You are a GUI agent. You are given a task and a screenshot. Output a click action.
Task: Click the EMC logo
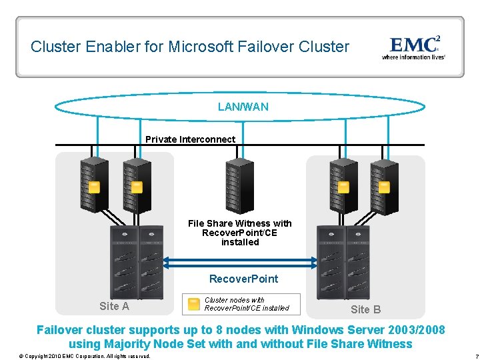[413, 47]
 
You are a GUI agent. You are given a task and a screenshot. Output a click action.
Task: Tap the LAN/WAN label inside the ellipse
[243, 107]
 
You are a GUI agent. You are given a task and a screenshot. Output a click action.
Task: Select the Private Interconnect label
[190, 139]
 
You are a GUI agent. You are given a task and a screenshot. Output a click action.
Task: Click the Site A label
[114, 306]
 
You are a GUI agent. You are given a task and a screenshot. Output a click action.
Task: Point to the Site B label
[365, 309]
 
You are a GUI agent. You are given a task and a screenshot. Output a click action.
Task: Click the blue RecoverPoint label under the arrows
[244, 279]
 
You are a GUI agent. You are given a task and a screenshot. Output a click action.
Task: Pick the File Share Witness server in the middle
[240, 186]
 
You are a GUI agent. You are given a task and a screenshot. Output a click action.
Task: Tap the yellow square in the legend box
[193, 304]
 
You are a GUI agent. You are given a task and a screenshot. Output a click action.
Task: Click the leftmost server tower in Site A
[94, 185]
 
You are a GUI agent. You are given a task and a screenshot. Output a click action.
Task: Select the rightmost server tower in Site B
[385, 187]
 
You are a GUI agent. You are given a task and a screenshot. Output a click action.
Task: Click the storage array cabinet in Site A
[137, 263]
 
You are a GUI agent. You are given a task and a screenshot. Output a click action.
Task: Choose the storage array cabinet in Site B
[343, 263]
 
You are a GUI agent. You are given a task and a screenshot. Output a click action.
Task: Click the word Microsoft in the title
[201, 47]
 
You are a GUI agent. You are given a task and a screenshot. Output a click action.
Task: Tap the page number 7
[477, 356]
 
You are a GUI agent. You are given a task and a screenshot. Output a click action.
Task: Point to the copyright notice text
[85, 356]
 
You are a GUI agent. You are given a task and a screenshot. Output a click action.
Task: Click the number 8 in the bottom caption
[218, 330]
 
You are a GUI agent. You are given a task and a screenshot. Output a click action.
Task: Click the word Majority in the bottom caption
[127, 344]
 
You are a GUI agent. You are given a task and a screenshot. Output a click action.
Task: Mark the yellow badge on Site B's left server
[343, 187]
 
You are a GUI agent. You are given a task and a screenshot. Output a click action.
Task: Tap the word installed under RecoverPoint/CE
[240, 242]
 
